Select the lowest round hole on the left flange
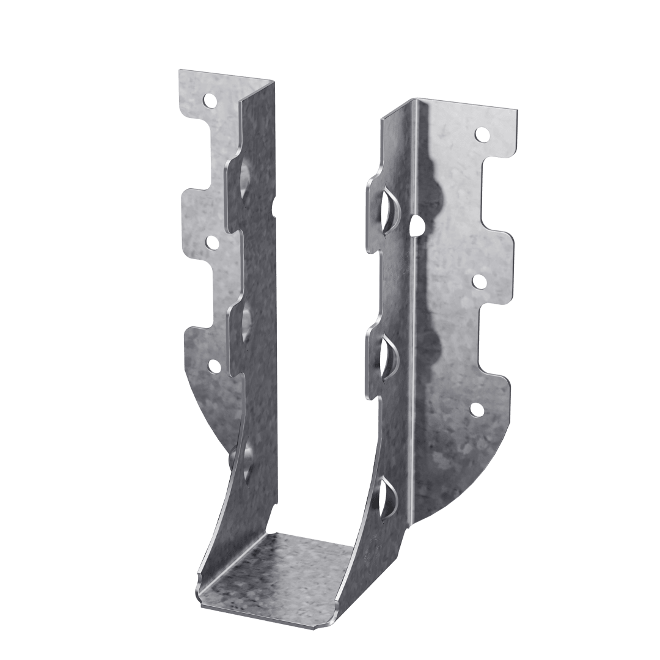214,366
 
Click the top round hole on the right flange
482,133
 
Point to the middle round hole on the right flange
479,281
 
